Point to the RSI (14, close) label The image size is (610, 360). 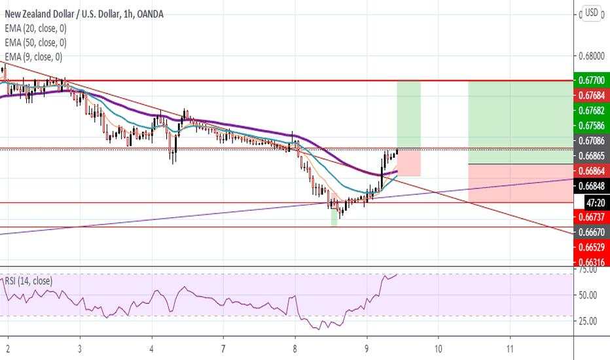[28, 281]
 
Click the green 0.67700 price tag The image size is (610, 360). [591, 81]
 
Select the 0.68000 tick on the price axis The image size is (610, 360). [591, 56]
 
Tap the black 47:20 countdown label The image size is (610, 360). [591, 202]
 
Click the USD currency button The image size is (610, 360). [591, 12]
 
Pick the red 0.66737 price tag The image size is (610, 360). [591, 216]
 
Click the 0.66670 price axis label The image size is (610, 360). [591, 232]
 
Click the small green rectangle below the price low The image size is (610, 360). [334, 219]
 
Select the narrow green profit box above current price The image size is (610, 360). [408, 115]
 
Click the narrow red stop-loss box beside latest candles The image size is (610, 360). [409, 162]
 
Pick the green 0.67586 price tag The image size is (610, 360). [591, 126]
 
